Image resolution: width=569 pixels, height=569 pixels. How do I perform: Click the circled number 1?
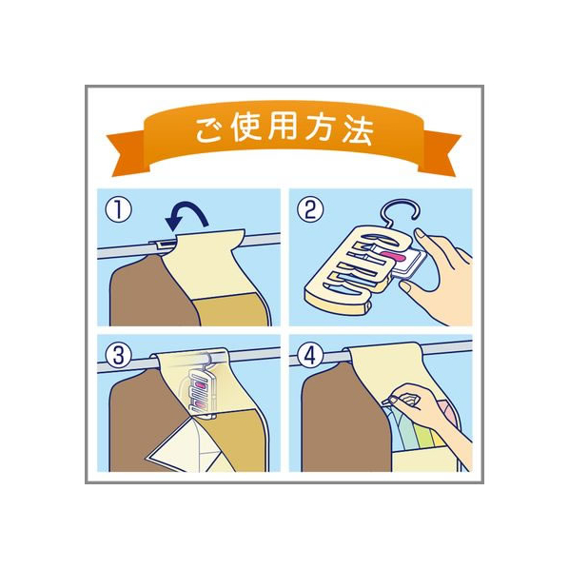coord(118,211)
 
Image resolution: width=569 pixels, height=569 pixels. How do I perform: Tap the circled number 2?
coord(310,211)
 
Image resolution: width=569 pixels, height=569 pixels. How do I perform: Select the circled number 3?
coord(119,356)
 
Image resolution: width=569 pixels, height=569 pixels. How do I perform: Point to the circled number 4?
coord(310,356)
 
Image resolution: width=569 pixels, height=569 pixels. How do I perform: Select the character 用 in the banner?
coord(283,128)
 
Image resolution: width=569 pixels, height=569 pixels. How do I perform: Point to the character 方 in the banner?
coord(321,129)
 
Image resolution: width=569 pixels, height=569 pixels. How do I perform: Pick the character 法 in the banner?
coord(358,130)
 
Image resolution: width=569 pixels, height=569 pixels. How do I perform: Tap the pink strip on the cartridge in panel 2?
coord(393,258)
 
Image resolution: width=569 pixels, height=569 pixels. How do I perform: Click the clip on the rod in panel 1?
coord(164,244)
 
